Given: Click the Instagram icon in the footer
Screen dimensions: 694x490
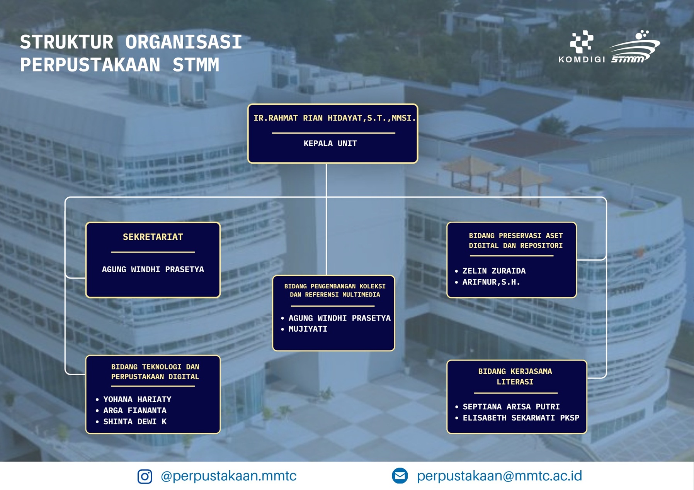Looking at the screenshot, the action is pos(145,476).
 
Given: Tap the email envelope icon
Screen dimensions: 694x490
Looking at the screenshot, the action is pos(400,476).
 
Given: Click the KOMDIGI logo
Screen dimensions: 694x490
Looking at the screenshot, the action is pos(582,47).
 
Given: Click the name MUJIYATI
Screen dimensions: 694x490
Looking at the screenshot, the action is pos(308,329).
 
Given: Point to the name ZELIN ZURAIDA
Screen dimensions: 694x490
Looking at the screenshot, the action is pos(494,271).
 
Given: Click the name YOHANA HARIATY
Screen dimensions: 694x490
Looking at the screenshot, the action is pos(137,399).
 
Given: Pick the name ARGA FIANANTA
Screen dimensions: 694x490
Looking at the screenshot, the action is pos(135,410).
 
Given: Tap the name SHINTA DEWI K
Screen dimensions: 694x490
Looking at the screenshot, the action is pos(135,422).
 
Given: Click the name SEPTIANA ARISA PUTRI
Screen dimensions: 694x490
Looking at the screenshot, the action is pos(511,407).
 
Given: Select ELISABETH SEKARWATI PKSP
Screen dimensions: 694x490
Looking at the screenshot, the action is pos(521,418).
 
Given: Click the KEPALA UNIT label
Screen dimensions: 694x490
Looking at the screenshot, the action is pos(330,143).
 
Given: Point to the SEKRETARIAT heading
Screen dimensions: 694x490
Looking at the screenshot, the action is pos(153,237).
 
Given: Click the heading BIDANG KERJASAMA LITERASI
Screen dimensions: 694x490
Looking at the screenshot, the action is pos(515,376).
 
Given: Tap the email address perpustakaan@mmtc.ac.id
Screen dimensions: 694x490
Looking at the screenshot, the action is pos(499,476).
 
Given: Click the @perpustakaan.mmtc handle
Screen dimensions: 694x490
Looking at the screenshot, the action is pos(228,476).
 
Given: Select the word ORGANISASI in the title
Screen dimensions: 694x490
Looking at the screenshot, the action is pos(184,42).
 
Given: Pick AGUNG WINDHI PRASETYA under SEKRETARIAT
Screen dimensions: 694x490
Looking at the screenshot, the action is pos(153,269).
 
